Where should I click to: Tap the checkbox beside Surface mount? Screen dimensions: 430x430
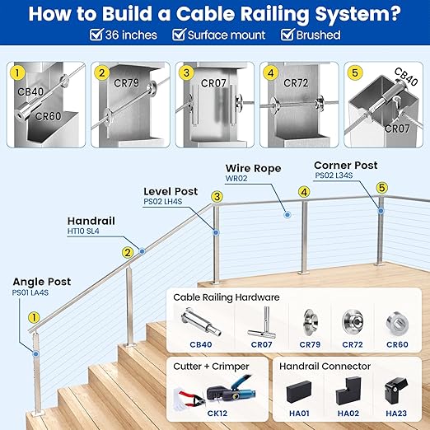pos(176,35)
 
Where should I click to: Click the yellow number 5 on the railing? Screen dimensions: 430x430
pos(381,188)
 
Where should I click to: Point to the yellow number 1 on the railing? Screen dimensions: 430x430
pos(34,316)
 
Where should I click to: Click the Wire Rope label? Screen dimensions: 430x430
pos(253,168)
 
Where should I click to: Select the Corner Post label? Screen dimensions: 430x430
pos(346,166)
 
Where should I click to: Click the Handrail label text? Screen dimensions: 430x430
pos(91,221)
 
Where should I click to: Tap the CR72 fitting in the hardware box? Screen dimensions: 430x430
pos(351,321)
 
